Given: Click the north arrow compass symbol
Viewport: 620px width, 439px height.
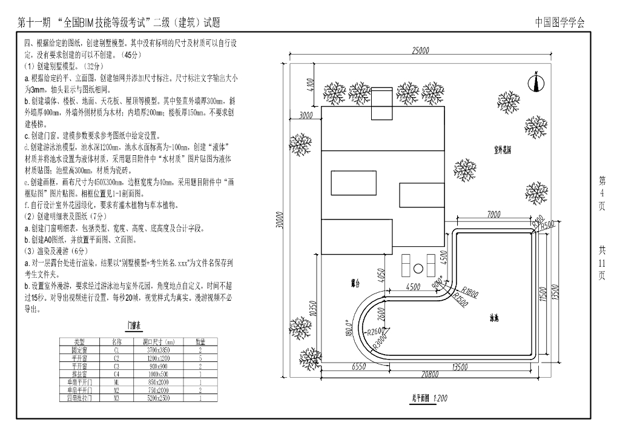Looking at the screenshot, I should point(536,83).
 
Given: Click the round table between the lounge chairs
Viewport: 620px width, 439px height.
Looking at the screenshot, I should point(418,268).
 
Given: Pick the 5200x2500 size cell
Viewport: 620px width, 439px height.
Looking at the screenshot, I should point(160,398).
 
